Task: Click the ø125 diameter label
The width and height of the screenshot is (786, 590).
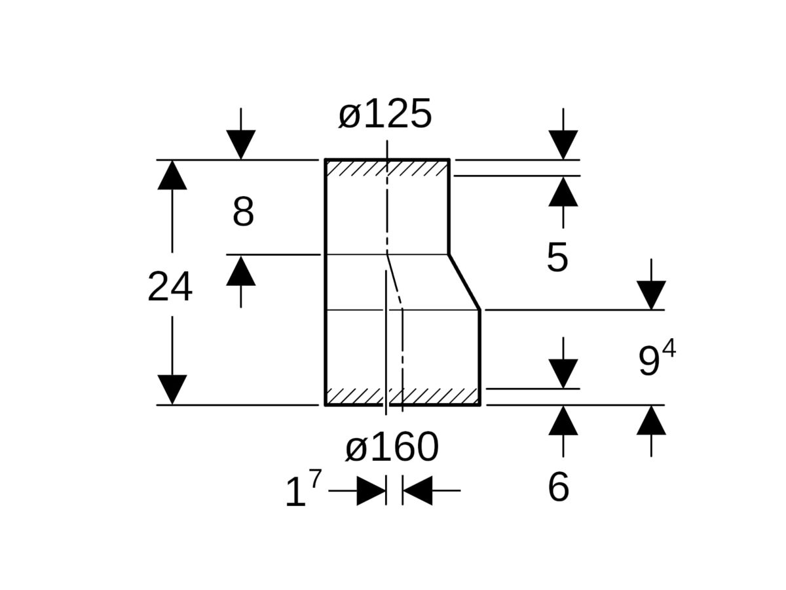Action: point(385,114)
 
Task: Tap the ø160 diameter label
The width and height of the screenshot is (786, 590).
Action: point(392,448)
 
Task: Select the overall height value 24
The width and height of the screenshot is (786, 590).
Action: point(170,287)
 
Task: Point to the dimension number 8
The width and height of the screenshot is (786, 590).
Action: point(243,212)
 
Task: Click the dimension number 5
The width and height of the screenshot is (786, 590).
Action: point(557,258)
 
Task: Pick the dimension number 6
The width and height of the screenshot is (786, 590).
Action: point(558,488)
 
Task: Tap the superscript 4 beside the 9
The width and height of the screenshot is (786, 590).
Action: point(668,349)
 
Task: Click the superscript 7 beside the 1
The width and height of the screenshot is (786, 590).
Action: point(315,479)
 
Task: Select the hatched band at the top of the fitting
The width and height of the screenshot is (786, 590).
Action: point(386,168)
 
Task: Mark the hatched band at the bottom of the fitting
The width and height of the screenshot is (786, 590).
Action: point(402,396)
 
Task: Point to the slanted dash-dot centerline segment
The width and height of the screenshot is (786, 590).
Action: point(394,281)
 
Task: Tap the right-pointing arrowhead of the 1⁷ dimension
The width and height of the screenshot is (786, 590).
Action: point(371,490)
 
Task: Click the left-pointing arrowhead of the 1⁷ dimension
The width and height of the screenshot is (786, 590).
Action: point(417,490)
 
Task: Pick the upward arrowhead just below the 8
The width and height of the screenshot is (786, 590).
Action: point(241,271)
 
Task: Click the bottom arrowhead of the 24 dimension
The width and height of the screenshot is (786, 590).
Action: point(172,389)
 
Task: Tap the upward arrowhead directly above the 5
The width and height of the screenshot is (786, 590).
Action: point(563,192)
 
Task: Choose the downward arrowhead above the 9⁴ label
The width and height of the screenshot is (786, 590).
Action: point(651,295)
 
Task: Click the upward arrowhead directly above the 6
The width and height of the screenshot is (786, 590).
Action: point(563,421)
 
